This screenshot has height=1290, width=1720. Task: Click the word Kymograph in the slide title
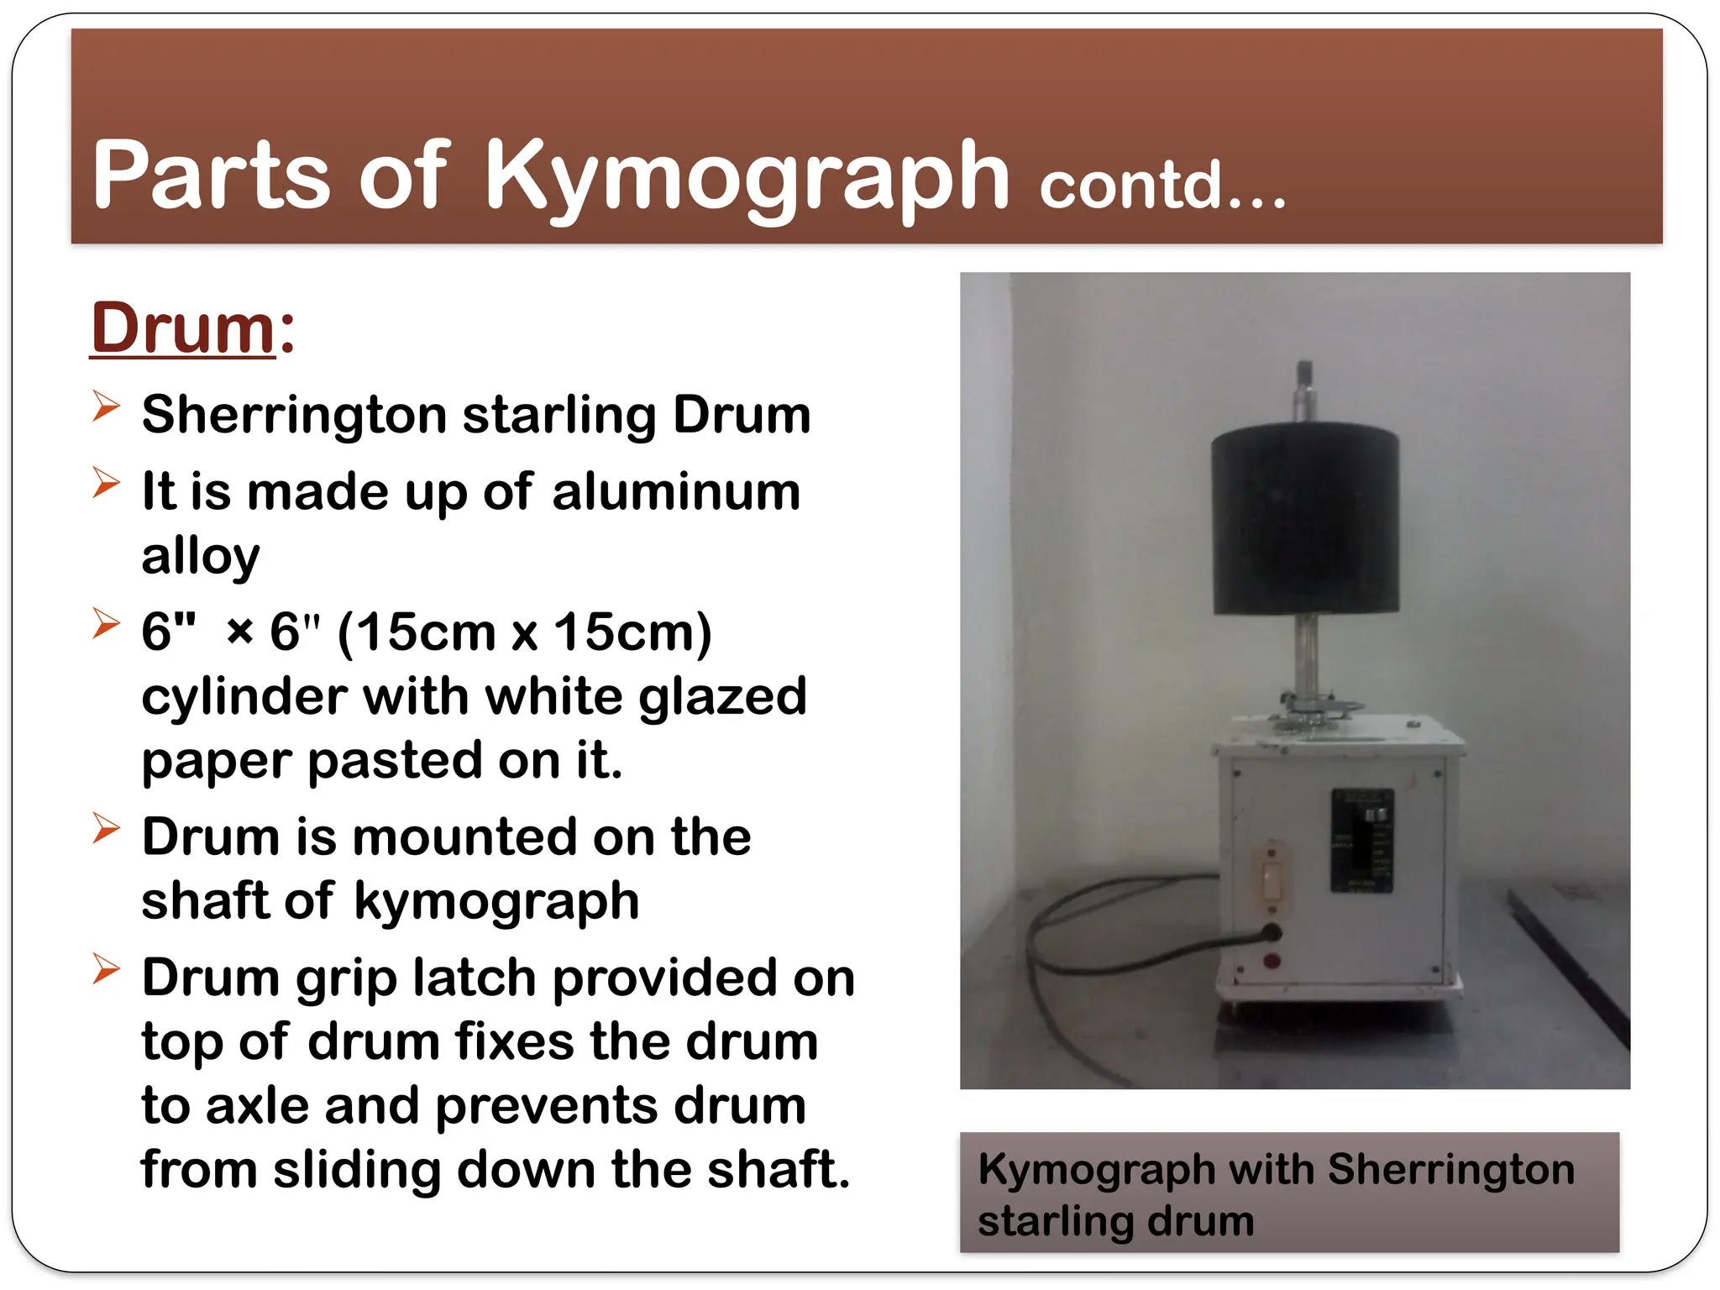pyautogui.click(x=746, y=176)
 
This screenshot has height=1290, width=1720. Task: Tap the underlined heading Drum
pyautogui.click(x=183, y=328)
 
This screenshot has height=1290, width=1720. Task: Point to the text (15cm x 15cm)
pyautogui.click(x=524, y=632)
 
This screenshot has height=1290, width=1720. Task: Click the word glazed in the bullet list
pyautogui.click(x=722, y=697)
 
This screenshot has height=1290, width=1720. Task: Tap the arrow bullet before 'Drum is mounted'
pyautogui.click(x=106, y=828)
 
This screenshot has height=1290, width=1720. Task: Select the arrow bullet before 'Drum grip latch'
pyautogui.click(x=106, y=969)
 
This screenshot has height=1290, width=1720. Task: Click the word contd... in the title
pyautogui.click(x=1162, y=186)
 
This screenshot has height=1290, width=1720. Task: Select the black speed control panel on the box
pyautogui.click(x=1361, y=840)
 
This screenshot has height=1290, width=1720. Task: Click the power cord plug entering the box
pyautogui.click(x=1272, y=932)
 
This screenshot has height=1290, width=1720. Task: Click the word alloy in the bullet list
pyautogui.click(x=201, y=557)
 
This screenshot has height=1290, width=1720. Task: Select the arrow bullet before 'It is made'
pyautogui.click(x=106, y=483)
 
